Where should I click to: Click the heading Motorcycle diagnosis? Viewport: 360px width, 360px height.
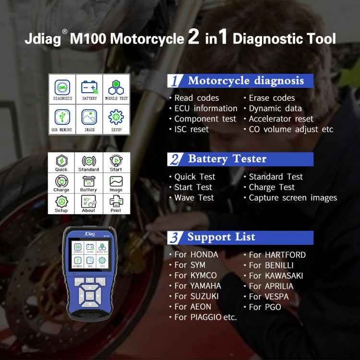point(245,81)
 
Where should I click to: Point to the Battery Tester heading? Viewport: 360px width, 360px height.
point(227,159)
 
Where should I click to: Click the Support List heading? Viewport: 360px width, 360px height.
point(221,237)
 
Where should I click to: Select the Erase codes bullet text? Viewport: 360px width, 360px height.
point(272,98)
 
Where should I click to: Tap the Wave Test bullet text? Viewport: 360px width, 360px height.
point(194,198)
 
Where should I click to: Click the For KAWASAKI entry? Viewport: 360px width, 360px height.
point(276,276)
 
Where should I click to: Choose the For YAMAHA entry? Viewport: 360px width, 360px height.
point(197,286)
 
